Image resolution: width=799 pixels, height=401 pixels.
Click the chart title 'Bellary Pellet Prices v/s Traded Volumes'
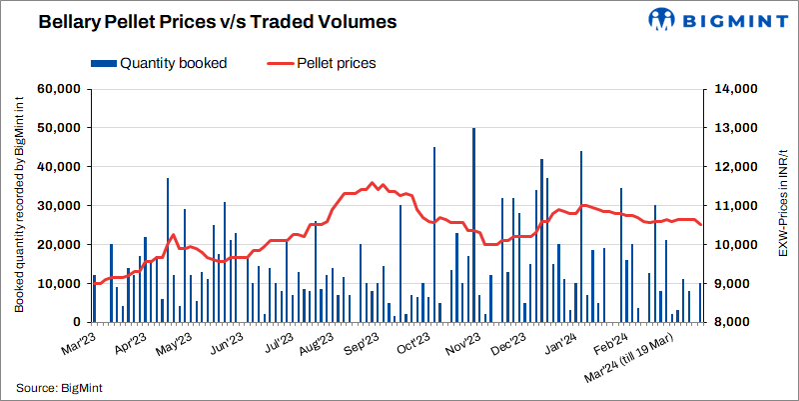205,20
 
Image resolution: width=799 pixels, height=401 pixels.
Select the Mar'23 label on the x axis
78,344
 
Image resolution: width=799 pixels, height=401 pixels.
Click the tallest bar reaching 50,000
473,225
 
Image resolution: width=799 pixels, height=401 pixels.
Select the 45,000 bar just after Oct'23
434,235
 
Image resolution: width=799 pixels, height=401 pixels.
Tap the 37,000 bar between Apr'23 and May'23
168,250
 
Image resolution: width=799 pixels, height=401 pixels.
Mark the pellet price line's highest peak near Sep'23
373,183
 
